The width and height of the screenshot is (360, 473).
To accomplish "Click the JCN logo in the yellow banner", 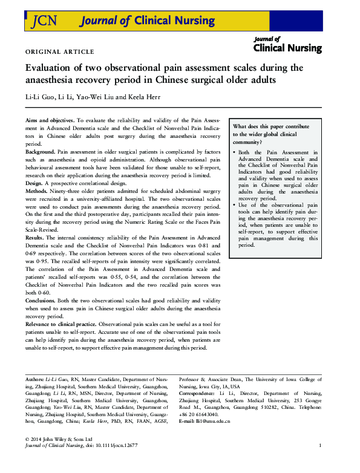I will tap(44, 21).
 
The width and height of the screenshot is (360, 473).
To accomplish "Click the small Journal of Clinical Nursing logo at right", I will tap(287, 44).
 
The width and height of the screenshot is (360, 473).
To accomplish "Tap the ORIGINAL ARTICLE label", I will tap(59, 52).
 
